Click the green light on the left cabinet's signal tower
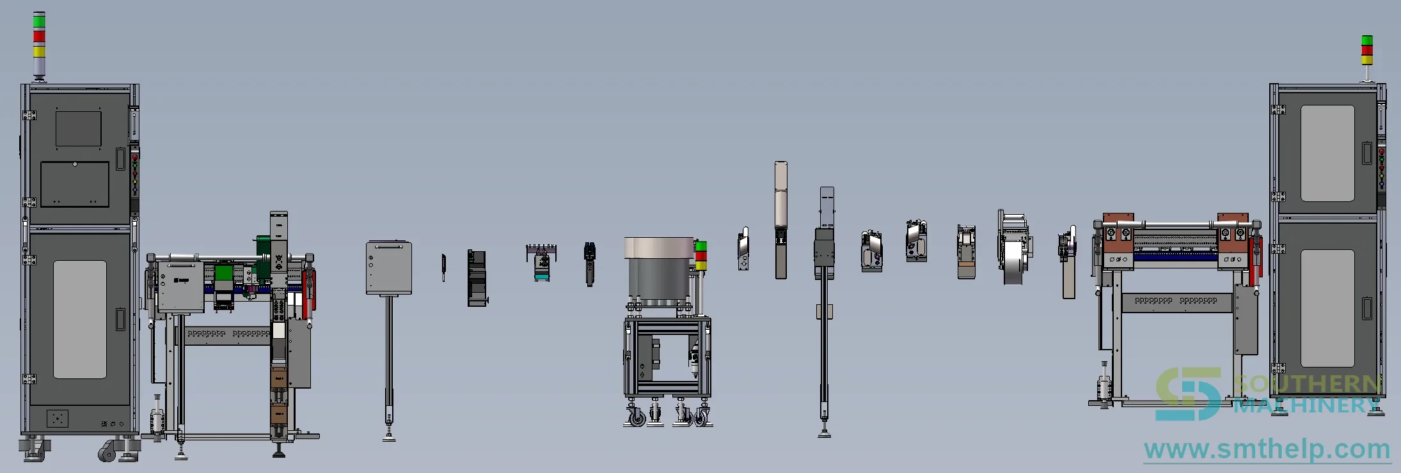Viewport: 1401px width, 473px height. point(39,21)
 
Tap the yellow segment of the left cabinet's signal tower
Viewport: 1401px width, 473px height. point(39,51)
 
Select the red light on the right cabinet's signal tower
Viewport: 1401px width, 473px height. point(1367,50)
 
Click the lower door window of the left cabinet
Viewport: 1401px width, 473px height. point(79,319)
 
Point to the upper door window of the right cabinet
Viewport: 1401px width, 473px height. point(1327,153)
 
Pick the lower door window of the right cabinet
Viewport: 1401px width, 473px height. point(1327,308)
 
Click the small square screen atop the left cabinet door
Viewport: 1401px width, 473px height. point(78,129)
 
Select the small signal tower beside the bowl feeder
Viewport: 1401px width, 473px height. point(700,256)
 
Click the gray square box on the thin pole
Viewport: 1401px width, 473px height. point(389,268)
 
